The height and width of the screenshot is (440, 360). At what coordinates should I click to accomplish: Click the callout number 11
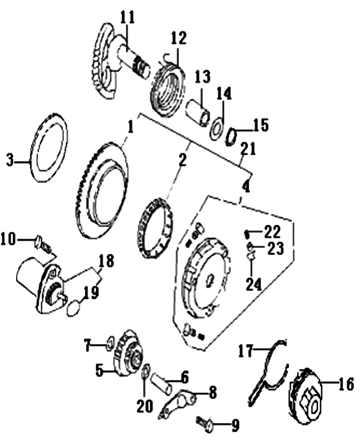[x=128, y=17]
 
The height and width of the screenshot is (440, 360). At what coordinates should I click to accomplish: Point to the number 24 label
[x=254, y=284]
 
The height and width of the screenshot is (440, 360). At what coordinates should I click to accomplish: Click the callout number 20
[x=144, y=406]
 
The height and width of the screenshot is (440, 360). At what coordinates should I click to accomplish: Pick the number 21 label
[x=248, y=149]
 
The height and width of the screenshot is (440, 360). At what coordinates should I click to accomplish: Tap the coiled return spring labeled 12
[x=168, y=89]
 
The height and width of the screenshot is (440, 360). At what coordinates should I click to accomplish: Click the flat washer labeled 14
[x=217, y=129]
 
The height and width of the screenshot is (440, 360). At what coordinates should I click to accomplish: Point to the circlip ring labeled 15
[x=231, y=136]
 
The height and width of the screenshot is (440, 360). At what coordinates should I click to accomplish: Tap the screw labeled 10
[x=44, y=244]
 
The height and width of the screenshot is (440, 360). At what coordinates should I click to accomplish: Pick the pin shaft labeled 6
[x=162, y=382]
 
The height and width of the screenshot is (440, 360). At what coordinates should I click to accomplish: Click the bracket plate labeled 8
[x=176, y=403]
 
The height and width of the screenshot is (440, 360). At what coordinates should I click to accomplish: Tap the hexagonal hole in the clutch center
[x=210, y=281]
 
